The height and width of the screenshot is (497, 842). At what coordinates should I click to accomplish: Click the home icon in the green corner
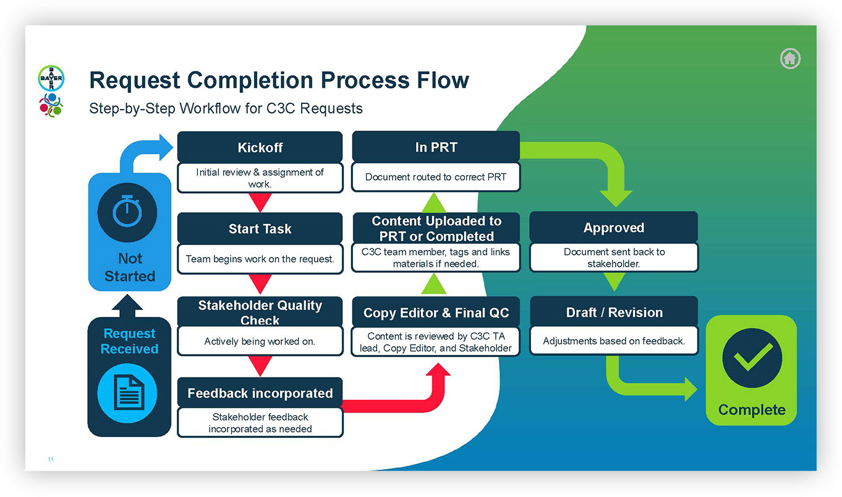(x=790, y=58)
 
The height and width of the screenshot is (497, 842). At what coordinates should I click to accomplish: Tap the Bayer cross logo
(x=51, y=78)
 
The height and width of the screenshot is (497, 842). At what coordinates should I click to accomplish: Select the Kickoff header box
(x=260, y=147)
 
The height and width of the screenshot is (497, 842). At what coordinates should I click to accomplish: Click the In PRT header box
(x=436, y=147)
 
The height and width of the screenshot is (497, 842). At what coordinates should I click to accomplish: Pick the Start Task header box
(x=260, y=228)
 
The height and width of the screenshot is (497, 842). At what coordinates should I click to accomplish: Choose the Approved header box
(x=614, y=227)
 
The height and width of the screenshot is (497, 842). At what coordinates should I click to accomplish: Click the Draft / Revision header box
(x=614, y=312)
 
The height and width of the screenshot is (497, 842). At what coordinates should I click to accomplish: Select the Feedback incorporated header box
(x=260, y=393)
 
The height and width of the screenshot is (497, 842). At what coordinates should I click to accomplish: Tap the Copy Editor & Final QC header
(x=436, y=313)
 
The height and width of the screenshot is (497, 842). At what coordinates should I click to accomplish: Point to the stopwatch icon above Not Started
(x=127, y=212)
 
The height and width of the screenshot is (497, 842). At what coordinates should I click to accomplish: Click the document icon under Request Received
(x=127, y=393)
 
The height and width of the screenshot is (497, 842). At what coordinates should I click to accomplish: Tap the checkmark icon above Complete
(x=752, y=358)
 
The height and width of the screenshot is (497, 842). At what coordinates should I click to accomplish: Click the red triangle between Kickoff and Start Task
(x=260, y=202)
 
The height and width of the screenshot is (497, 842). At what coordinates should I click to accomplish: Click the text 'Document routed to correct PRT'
(x=436, y=177)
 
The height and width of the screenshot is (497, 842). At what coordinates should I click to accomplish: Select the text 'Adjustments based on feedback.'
(x=614, y=341)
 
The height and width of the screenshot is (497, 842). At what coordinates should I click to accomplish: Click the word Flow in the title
(x=443, y=80)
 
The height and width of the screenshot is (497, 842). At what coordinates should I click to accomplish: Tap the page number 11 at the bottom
(x=51, y=459)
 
